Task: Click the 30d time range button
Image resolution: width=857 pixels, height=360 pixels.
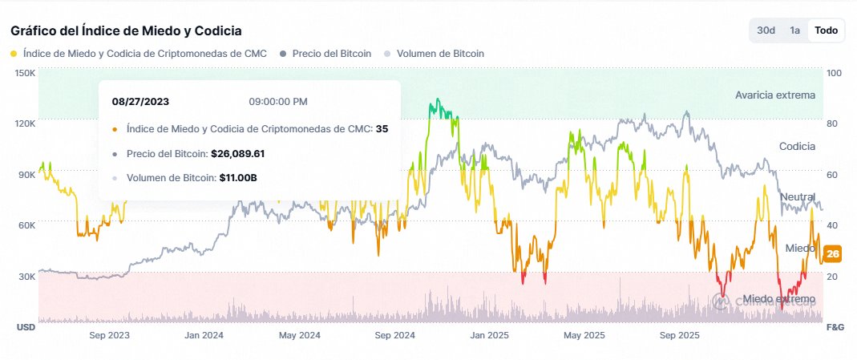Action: tap(766, 30)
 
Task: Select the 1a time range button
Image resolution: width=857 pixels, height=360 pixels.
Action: tap(794, 30)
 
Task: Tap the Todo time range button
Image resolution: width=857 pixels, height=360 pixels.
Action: tap(826, 30)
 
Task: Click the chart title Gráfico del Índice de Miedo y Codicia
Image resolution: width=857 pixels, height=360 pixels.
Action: tap(126, 30)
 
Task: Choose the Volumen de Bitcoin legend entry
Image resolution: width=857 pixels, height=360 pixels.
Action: tap(439, 54)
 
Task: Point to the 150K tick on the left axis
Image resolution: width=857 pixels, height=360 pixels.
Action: tap(25, 73)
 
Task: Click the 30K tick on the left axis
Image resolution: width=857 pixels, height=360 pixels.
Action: tap(26, 277)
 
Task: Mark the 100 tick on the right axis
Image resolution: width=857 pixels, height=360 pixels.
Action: tap(835, 73)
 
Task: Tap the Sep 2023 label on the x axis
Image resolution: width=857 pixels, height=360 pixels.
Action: tap(109, 336)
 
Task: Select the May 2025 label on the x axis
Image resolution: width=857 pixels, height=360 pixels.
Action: tap(584, 336)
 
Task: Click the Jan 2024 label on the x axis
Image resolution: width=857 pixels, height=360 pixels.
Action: tap(204, 336)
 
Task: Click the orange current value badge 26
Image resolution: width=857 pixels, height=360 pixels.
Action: tap(833, 254)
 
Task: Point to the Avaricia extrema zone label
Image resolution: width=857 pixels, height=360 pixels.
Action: tap(775, 95)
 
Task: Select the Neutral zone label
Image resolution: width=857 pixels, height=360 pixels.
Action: tap(798, 196)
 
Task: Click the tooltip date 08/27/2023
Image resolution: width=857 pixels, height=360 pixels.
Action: tap(140, 102)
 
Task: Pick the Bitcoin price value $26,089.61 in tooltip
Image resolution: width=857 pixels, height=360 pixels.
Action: tap(249, 153)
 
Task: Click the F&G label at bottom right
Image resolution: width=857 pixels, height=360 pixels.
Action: tap(835, 327)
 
